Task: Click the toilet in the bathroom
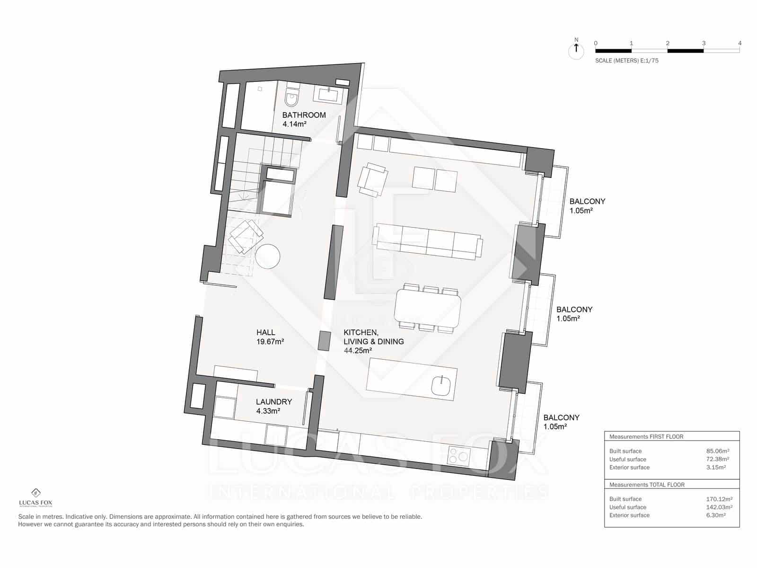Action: tap(291, 98)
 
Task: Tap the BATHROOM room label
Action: tap(304, 115)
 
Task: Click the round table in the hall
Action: tap(268, 256)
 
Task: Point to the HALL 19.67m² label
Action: tap(270, 337)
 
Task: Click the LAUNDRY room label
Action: tap(274, 402)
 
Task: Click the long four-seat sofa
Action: tap(427, 242)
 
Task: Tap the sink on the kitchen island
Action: tap(441, 384)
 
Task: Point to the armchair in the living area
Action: tap(372, 179)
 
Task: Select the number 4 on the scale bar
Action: tap(739, 43)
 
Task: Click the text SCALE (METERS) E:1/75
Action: tap(626, 61)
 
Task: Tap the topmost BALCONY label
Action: tap(587, 201)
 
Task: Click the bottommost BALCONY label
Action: tap(561, 417)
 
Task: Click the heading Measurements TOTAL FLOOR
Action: tap(647, 485)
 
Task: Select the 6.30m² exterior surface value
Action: tap(716, 515)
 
